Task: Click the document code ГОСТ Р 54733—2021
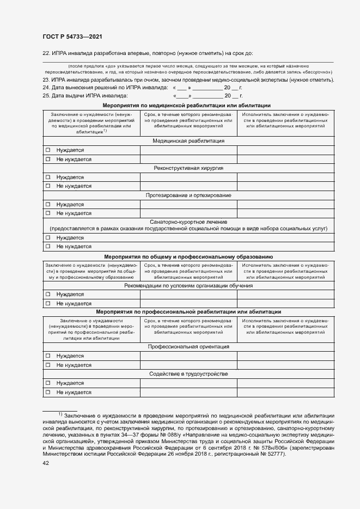(x=72, y=36)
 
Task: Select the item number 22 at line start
(x=46, y=53)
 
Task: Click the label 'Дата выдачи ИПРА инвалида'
(x=89, y=95)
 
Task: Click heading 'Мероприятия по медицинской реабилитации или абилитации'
(x=188, y=105)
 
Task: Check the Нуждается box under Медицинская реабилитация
(x=48, y=150)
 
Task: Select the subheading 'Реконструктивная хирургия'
(x=188, y=168)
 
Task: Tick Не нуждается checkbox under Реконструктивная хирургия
(x=48, y=186)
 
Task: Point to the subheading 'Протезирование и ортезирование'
(x=188, y=195)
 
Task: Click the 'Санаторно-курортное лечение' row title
(x=188, y=222)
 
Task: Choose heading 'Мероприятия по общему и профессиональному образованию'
(x=188, y=256)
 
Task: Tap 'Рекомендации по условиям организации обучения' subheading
(x=188, y=285)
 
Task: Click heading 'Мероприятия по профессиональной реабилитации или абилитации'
(x=188, y=312)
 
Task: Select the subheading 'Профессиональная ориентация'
(x=188, y=346)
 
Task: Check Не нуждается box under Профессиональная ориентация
(x=48, y=365)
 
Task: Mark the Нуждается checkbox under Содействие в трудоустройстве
(x=48, y=383)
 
